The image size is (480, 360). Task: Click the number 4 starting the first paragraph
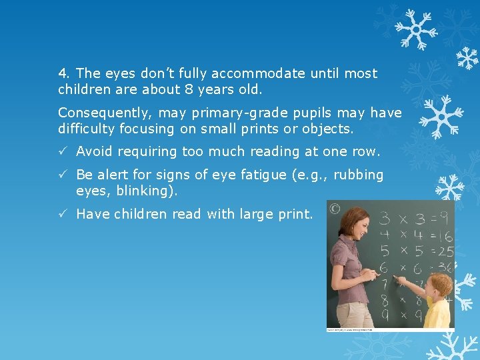[x=62, y=73]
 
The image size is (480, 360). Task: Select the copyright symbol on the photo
[x=335, y=209]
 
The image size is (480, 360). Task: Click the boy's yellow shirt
[x=438, y=313]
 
